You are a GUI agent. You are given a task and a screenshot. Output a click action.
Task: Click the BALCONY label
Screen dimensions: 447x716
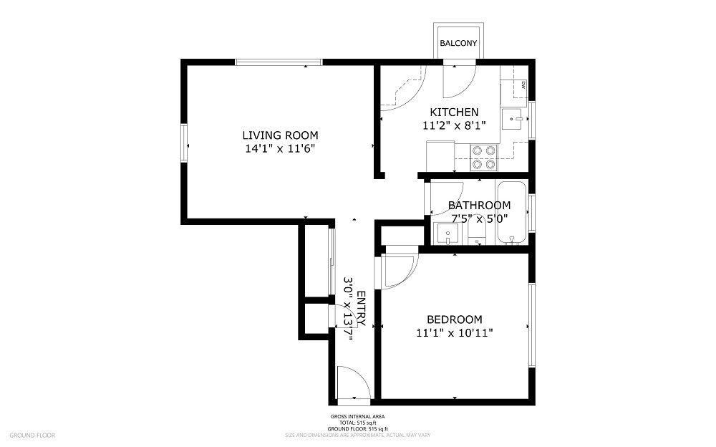pos(458,44)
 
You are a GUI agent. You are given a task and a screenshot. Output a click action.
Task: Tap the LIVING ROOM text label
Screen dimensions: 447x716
pos(280,135)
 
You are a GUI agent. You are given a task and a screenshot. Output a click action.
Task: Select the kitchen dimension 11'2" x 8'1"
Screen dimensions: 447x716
pos(454,125)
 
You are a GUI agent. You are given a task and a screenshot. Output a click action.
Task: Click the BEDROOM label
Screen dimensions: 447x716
pos(454,319)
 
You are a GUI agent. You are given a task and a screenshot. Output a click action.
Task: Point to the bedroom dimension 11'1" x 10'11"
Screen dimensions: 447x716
pos(454,332)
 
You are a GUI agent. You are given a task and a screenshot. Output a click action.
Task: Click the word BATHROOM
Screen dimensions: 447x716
pos(479,206)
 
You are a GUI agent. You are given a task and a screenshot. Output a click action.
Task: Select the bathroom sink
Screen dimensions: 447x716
pos(447,234)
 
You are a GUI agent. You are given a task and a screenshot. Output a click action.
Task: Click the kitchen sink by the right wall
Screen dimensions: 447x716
pos(514,118)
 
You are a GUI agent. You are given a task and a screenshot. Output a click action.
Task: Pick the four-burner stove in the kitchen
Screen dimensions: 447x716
pos(483,158)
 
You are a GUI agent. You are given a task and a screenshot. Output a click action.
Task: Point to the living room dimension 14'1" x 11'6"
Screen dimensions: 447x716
pos(280,149)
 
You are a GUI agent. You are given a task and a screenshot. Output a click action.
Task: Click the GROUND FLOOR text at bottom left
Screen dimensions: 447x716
pos(32,435)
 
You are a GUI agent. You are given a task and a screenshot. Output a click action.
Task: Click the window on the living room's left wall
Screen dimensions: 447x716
pos(184,144)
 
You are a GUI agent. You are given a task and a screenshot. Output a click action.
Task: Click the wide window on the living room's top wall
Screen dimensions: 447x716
pos(279,62)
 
